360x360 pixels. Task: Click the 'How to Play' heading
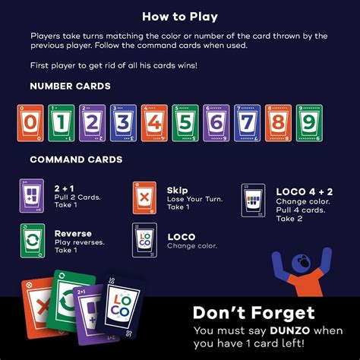click(x=179, y=16)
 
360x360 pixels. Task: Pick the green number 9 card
click(x=305, y=123)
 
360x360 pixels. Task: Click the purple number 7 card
click(x=243, y=123)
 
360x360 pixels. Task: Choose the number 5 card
click(x=182, y=123)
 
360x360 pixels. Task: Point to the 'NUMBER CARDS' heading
click(x=70, y=87)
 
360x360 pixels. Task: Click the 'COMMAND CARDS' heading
click(x=76, y=160)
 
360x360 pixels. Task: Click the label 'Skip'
click(x=177, y=189)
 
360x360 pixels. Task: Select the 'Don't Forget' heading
click(x=254, y=312)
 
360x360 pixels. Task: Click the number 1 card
click(x=58, y=123)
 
